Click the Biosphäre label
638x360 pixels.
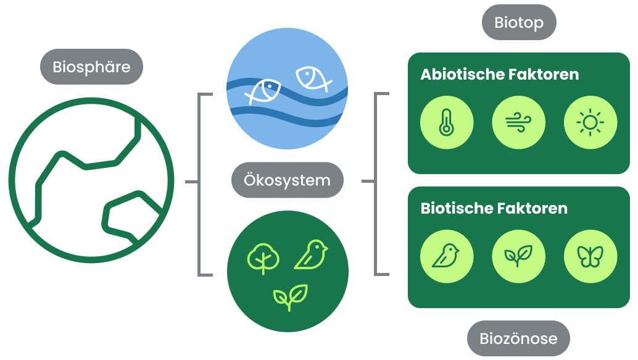click(91, 67)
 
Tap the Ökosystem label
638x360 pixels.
click(287, 181)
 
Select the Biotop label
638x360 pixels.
click(519, 23)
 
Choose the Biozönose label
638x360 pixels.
click(518, 338)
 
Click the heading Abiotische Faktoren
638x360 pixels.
click(499, 75)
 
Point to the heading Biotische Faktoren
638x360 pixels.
click(494, 208)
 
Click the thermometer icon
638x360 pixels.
click(446, 123)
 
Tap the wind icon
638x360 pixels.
click(518, 123)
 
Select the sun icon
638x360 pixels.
click(590, 123)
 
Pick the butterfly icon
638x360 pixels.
click(590, 256)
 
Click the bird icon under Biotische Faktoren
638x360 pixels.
click(446, 256)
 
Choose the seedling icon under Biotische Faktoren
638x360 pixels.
click(518, 256)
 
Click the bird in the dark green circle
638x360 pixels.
click(311, 254)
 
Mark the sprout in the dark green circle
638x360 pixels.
click(291, 297)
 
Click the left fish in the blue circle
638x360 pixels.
click(263, 91)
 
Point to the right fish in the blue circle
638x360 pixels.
click(312, 78)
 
